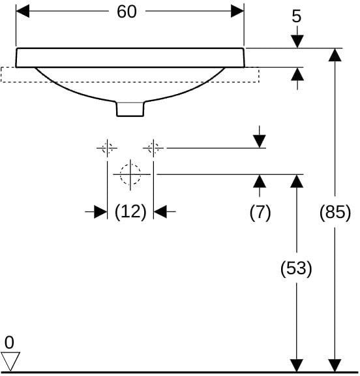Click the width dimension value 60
pyautogui.click(x=127, y=12)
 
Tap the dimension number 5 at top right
pyautogui.click(x=297, y=16)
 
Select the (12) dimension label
pyautogui.click(x=130, y=212)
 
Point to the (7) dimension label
pyautogui.click(x=260, y=212)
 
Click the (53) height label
pyautogui.click(x=296, y=268)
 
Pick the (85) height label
pyautogui.click(x=335, y=212)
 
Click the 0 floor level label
pyautogui.click(x=9, y=343)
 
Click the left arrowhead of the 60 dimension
pyautogui.click(x=23, y=11)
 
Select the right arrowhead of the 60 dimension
pyautogui.click(x=237, y=11)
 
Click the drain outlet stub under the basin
pyautogui.click(x=130, y=109)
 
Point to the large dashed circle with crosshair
pyautogui.click(x=130, y=174)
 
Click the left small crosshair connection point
pyautogui.click(x=107, y=148)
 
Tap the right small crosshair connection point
pyautogui.click(x=153, y=148)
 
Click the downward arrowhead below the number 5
pyautogui.click(x=297, y=42)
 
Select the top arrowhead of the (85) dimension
pyautogui.click(x=335, y=55)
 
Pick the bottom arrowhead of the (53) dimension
pyautogui.click(x=297, y=366)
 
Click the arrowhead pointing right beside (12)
pyautogui.click(x=100, y=211)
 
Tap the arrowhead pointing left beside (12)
pyautogui.click(x=160, y=211)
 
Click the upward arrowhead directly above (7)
pyautogui.click(x=260, y=181)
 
